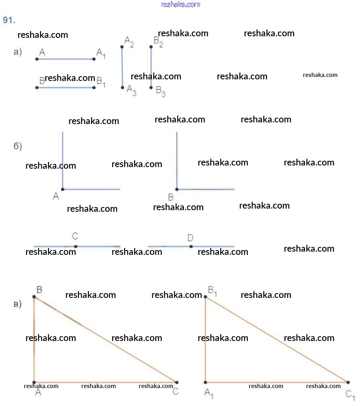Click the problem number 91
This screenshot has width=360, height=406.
(x=9, y=20)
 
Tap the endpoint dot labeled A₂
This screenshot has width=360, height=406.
(x=122, y=47)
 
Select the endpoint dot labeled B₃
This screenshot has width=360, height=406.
(x=151, y=87)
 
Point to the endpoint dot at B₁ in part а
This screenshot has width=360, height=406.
(x=94, y=87)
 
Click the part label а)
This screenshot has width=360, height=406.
(x=18, y=52)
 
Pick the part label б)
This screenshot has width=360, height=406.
(x=18, y=146)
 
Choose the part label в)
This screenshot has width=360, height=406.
(x=18, y=304)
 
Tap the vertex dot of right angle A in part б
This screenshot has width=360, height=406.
(x=63, y=189)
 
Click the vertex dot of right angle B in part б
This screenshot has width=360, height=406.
(x=177, y=189)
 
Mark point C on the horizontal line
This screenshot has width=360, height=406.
(x=76, y=246)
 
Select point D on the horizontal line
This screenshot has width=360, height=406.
(x=191, y=246)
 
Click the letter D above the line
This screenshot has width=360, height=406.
(x=190, y=238)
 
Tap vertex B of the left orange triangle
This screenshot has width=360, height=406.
(x=34, y=297)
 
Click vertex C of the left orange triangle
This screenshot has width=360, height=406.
(x=177, y=382)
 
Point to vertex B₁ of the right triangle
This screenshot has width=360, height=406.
(x=205, y=297)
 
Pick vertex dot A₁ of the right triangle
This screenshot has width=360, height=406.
(x=205, y=382)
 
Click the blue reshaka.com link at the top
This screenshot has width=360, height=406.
(x=180, y=4)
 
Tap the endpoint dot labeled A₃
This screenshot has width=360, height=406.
(x=122, y=87)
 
